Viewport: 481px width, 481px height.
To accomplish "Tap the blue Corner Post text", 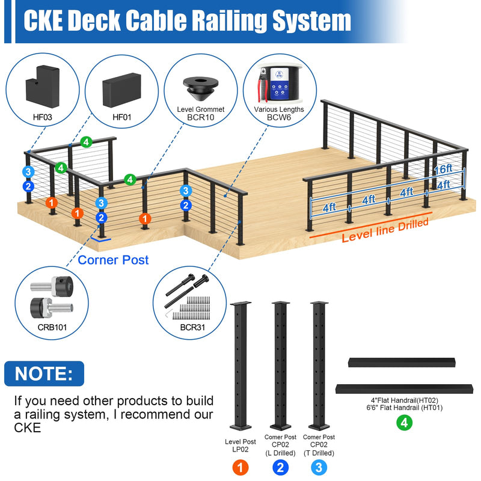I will tap(113, 260).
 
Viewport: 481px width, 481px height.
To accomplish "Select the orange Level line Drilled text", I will tap(385, 230).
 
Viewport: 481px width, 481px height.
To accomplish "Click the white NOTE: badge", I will tap(44, 373).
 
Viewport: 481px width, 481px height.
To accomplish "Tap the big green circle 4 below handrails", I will tap(405, 423).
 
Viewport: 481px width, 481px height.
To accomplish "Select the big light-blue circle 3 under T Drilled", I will tap(319, 467).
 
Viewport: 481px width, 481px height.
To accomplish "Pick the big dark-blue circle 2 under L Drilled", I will tap(280, 467).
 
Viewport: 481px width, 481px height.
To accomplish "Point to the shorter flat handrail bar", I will tap(402, 363).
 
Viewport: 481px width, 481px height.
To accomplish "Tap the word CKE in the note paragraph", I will tap(28, 427).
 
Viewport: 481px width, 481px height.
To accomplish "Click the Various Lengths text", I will tap(279, 109).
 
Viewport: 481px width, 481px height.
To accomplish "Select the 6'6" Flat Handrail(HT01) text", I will tap(405, 408).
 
